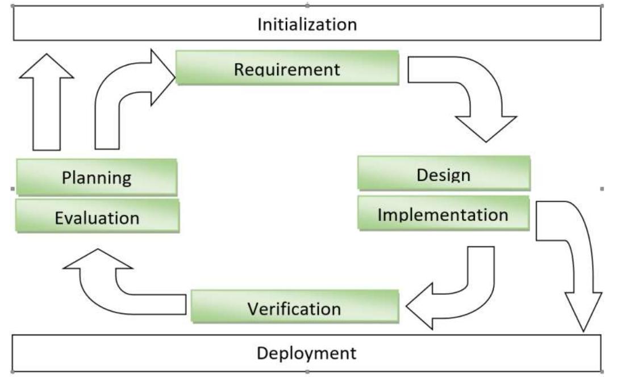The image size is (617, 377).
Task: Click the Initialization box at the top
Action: click(307, 24)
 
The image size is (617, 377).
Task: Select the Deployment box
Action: click(307, 353)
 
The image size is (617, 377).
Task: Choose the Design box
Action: click(443, 173)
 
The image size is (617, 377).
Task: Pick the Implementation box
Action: click(443, 213)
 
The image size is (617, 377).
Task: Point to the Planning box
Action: click(96, 177)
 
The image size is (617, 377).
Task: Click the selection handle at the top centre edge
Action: click(307, 5)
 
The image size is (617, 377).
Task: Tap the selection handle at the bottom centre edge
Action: click(307, 372)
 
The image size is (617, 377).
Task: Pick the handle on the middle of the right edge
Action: click(602, 188)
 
